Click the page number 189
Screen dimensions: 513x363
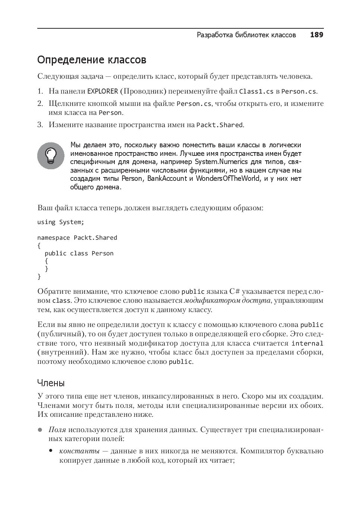(316, 35)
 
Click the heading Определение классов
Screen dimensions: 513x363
(92, 60)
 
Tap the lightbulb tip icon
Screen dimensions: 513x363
(51, 155)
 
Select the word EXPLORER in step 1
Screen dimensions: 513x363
(102, 91)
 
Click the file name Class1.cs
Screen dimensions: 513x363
(256, 91)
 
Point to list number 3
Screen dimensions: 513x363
(40, 125)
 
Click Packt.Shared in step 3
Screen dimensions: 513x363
(220, 125)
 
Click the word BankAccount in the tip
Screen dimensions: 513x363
(167, 179)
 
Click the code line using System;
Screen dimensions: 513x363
(61, 222)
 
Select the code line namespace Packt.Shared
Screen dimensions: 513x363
(77, 238)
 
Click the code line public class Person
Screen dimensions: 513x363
(79, 254)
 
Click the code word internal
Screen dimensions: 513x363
(307, 343)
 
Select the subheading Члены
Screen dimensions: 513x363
(51, 383)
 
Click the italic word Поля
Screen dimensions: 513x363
(57, 430)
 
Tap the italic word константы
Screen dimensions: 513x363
(79, 451)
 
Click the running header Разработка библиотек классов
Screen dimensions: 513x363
(246, 35)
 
